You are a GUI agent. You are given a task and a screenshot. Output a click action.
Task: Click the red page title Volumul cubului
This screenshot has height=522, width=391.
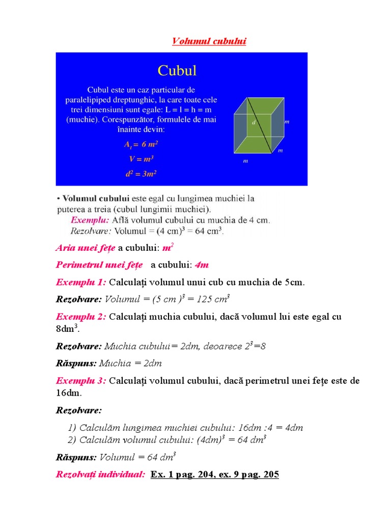[x=209, y=41]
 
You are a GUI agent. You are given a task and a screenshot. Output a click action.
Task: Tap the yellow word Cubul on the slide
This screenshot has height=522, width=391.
[x=177, y=70]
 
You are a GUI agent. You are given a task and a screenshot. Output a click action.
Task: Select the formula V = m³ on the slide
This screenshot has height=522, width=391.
[x=139, y=159]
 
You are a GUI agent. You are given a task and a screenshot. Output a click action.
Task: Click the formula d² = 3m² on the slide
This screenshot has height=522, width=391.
[x=140, y=173]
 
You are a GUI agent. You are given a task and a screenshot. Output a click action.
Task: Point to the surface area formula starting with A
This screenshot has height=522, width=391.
[x=140, y=145]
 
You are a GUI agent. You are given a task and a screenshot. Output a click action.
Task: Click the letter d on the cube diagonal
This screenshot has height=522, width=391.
[x=254, y=123]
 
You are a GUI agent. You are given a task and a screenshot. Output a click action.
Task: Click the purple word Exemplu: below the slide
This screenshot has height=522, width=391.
[x=90, y=221]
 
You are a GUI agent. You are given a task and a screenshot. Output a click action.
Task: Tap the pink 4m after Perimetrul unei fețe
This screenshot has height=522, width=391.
[x=202, y=266]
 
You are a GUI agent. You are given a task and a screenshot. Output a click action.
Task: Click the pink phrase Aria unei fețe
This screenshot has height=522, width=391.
[x=86, y=249]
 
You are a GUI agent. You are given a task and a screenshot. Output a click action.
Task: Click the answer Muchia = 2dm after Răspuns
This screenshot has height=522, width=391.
[x=131, y=363]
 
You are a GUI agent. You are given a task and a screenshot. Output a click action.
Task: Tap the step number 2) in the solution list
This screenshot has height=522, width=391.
[x=72, y=440]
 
